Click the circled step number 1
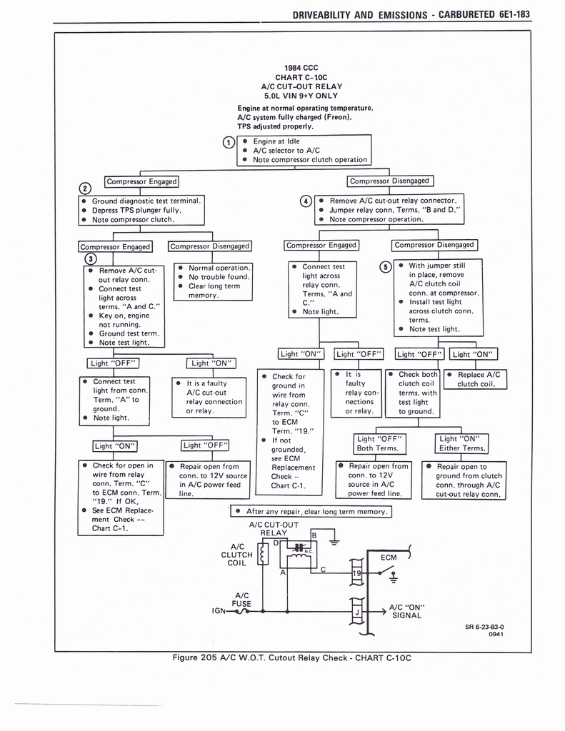coord(227,141)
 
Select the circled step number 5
coord(386,266)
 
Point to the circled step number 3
coord(89,258)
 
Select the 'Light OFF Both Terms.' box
coord(381,443)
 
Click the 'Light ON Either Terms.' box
coord(463,443)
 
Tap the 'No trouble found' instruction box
coord(212,281)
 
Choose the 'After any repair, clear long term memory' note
coord(311,512)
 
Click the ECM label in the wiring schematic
coord(389,558)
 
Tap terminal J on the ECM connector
coord(356,612)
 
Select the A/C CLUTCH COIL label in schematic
coord(236,554)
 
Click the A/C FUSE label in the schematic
coord(241,599)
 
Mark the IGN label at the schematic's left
coord(219,612)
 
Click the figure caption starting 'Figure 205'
coord(293,658)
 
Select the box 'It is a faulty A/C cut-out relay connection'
coord(213,397)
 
